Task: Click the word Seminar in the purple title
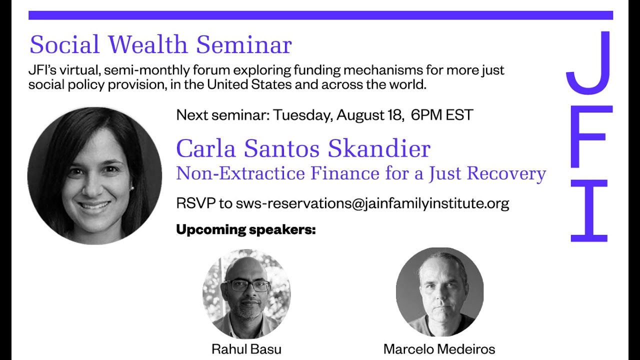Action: pos(243,45)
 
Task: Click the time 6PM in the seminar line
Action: pos(425,115)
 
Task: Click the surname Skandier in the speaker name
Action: pos(379,148)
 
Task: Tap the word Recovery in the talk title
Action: pos(506,173)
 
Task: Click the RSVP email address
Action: pos(372,203)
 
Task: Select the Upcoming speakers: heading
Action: pos(246,230)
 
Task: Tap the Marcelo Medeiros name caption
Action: pos(439,348)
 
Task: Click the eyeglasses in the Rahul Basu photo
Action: pos(247,285)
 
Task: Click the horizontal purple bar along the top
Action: pos(320,15)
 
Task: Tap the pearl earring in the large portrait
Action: pos(132,187)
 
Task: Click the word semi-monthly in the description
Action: pos(142,70)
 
